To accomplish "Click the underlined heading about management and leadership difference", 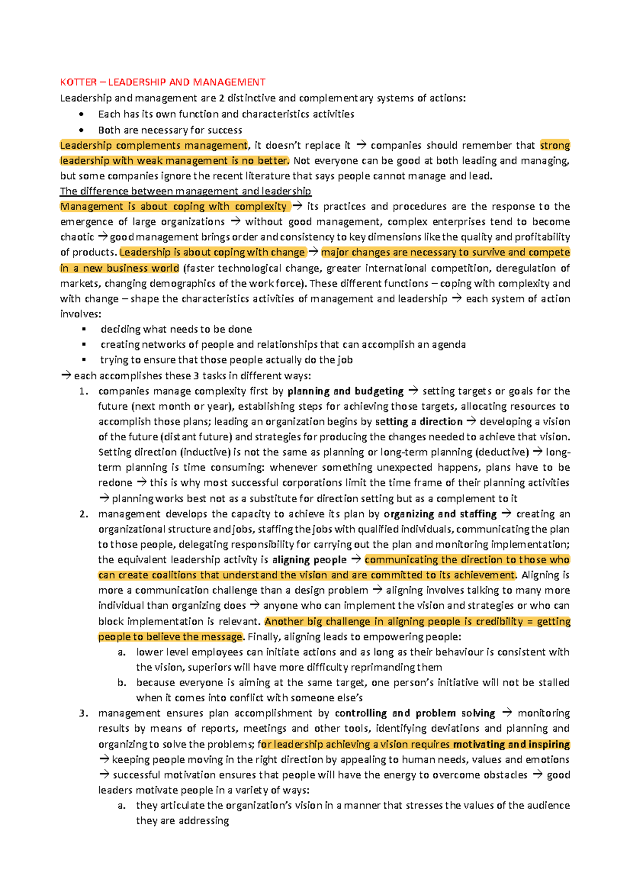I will [x=185, y=191].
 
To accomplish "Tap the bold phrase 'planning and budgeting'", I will [x=345, y=391].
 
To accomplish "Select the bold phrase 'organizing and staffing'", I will [x=440, y=514].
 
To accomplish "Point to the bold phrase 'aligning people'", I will [x=309, y=560].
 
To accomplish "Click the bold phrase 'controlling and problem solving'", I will [x=415, y=713].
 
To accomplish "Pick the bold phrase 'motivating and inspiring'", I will [x=511, y=744].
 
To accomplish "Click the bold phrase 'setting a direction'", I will [x=418, y=422].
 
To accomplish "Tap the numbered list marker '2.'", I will [x=83, y=514].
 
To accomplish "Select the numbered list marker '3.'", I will [x=83, y=713].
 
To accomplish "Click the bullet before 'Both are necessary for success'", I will [x=81, y=130].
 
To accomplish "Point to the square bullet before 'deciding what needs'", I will [x=83, y=329].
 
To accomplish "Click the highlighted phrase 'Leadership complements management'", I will [x=153, y=146].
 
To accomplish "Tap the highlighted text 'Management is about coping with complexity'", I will [x=173, y=206].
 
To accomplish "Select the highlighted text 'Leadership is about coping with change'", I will [x=212, y=253].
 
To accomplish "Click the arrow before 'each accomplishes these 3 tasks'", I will [x=66, y=376].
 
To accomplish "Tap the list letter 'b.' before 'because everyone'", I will [x=122, y=683].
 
